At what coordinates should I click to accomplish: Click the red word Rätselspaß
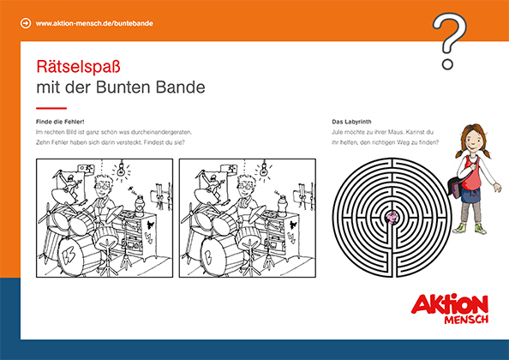(78, 67)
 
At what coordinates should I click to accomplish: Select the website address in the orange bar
(94, 23)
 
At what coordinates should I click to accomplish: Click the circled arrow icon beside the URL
(26, 23)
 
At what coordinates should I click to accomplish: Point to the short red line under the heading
(51, 108)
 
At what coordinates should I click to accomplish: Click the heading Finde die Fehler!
(60, 122)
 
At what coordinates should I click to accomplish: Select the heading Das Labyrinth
(351, 122)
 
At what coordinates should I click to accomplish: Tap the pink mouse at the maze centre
(392, 217)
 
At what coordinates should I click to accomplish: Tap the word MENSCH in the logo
(466, 319)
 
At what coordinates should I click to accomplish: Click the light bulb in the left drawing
(122, 169)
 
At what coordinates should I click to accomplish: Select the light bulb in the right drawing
(264, 169)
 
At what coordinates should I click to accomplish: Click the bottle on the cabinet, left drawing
(140, 206)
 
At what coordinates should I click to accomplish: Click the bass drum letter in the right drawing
(209, 255)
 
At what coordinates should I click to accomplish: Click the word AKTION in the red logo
(450, 304)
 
